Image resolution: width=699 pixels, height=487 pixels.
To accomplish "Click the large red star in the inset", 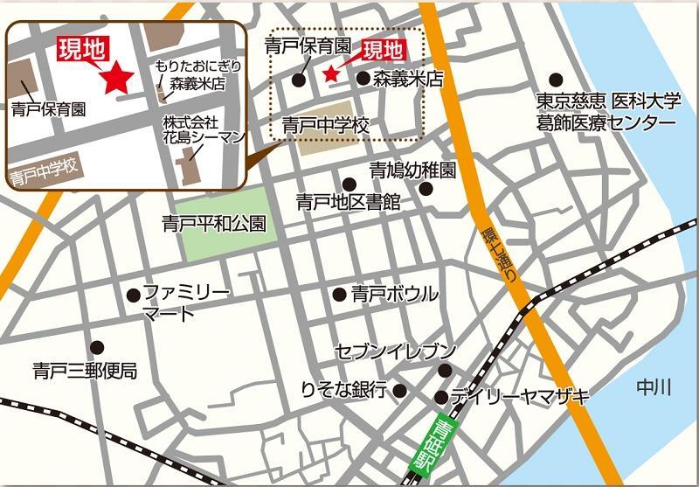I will click(x=116, y=80).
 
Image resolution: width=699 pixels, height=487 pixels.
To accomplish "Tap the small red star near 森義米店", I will click(x=331, y=74).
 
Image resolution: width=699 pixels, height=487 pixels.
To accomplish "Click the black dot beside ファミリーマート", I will click(x=132, y=295).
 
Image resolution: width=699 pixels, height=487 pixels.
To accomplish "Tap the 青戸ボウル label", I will click(x=394, y=295).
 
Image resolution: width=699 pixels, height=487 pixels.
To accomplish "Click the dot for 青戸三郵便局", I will click(x=96, y=346).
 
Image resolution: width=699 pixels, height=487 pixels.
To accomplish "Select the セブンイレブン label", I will click(x=396, y=352).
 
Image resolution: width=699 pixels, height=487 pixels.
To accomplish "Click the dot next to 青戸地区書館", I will click(x=349, y=184).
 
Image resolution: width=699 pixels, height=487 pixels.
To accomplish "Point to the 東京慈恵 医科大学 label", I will click(x=608, y=101).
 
